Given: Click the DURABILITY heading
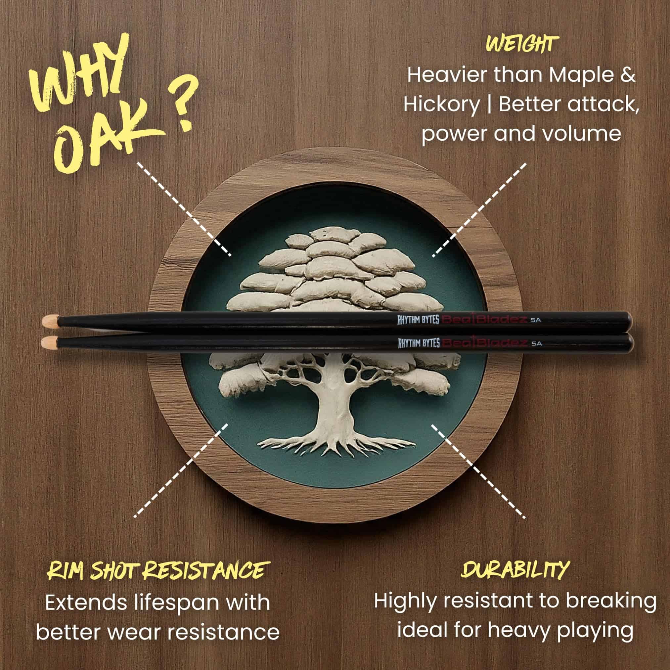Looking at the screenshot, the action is pos(515,537).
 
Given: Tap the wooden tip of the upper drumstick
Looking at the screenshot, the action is pos(50,320).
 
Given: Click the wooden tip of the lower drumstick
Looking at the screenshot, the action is pos(49,343).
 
